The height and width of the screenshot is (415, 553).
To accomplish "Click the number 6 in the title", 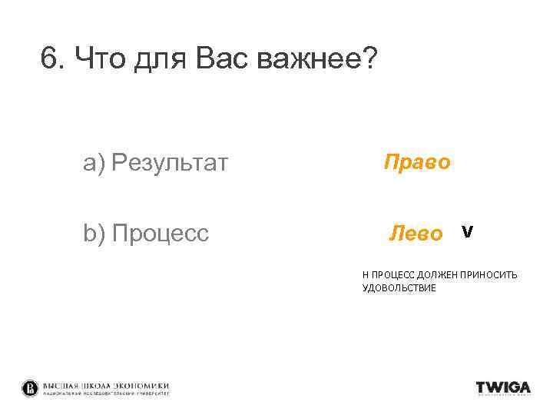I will point(50,60).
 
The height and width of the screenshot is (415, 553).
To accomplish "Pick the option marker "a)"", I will point(94,163).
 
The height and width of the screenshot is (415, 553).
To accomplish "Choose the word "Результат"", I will point(170,163).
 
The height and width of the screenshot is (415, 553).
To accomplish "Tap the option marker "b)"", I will point(94,233).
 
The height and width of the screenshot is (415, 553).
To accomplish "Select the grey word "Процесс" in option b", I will point(161,233).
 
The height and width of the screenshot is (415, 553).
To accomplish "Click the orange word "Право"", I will point(416,162).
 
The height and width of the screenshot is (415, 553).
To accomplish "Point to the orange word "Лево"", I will point(416,233).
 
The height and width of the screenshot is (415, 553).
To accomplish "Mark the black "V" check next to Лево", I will point(467,231).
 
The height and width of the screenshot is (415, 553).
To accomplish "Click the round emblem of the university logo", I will point(30,387).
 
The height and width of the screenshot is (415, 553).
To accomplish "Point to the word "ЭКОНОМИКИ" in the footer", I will point(141,385).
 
